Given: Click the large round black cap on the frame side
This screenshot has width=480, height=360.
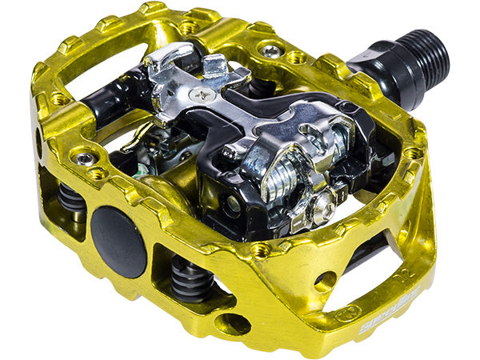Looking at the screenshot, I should point(118,241).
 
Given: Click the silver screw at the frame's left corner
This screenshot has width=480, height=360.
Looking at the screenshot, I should point(84,158).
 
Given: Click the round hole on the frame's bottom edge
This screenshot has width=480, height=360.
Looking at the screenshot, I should point(232,325).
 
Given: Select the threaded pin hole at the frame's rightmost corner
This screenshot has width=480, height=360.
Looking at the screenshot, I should point(413,152).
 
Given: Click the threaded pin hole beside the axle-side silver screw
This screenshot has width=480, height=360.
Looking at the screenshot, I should point(298,58).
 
